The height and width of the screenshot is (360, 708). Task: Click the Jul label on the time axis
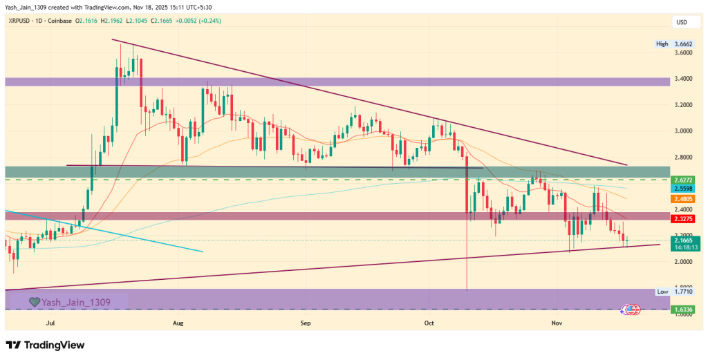[49, 322]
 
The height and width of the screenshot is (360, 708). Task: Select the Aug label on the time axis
[178, 322]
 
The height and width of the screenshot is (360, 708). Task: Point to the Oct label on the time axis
[429, 322]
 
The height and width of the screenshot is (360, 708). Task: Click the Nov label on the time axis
[557, 322]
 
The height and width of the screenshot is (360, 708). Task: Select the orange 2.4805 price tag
[683, 199]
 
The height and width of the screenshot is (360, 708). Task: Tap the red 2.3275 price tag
[683, 219]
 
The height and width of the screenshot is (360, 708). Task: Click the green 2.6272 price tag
[683, 179]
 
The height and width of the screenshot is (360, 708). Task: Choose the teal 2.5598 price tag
[683, 188]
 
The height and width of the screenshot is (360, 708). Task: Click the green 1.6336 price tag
[683, 310]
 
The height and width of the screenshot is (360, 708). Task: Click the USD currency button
[682, 22]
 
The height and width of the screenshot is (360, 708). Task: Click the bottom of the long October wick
[468, 290]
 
